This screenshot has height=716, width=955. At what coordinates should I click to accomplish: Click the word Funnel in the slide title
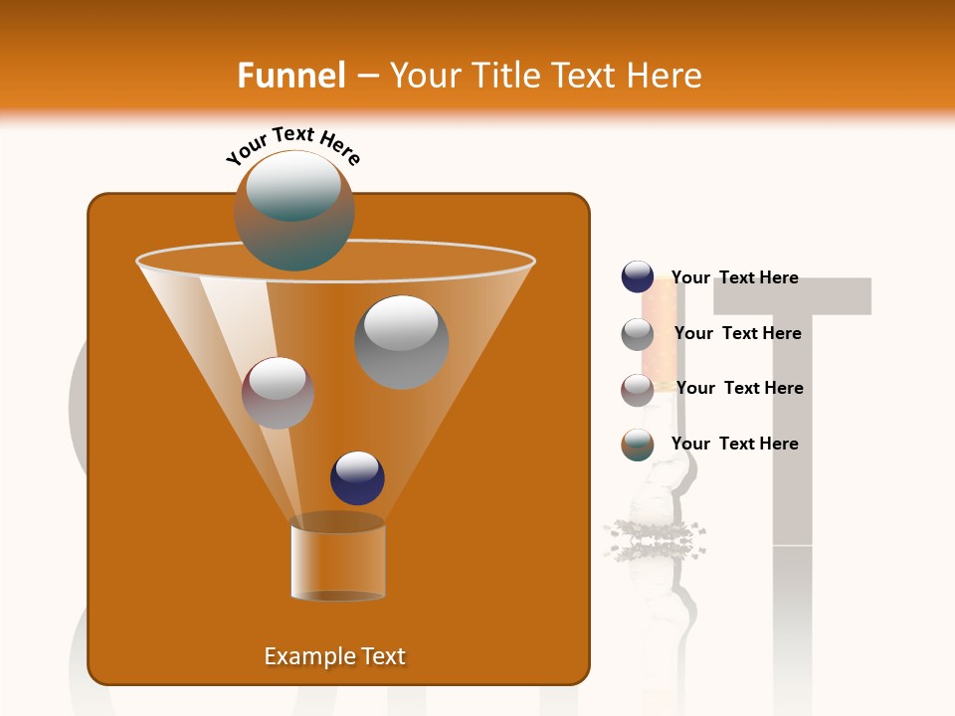(290, 76)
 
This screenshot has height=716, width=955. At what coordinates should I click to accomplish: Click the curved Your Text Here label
(293, 145)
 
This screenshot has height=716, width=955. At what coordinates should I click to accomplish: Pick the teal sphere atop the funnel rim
(294, 210)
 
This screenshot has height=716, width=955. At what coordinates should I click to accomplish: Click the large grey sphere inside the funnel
(401, 342)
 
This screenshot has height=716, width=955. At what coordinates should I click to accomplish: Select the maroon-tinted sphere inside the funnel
(278, 393)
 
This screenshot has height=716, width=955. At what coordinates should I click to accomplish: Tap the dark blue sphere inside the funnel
(357, 477)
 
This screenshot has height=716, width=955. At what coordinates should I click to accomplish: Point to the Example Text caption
(335, 656)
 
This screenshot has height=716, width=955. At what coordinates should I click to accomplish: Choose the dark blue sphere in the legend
(638, 277)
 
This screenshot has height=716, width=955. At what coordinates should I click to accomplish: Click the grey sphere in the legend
(638, 334)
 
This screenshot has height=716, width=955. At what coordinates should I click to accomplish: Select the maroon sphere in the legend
(638, 389)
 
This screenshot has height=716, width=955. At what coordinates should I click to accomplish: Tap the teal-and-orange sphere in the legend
(638, 445)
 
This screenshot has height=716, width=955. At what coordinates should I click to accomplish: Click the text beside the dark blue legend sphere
(735, 277)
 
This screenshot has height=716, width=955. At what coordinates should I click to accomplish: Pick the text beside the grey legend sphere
(737, 333)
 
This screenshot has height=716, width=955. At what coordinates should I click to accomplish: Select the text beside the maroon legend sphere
(739, 388)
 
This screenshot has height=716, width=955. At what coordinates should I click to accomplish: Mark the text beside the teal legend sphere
(735, 444)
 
